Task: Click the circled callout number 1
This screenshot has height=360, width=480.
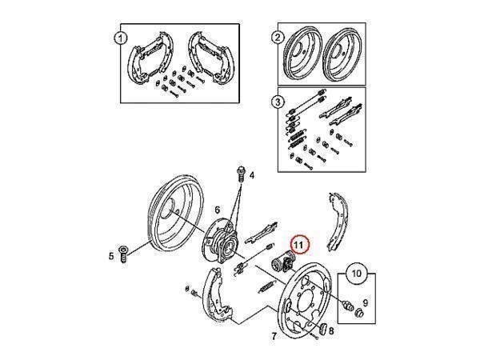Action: pyautogui.click(x=120, y=38)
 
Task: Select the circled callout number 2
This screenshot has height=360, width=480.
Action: pyautogui.click(x=278, y=38)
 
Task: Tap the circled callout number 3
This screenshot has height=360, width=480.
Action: pyautogui.click(x=278, y=102)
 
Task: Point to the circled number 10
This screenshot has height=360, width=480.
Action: pyautogui.click(x=357, y=273)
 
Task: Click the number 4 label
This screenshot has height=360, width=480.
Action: pyautogui.click(x=252, y=175)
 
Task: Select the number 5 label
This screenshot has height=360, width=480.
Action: pyautogui.click(x=111, y=256)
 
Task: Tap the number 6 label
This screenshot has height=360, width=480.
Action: pyautogui.click(x=218, y=210)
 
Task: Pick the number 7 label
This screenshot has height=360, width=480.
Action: pyautogui.click(x=274, y=336)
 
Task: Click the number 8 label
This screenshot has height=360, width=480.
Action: pyautogui.click(x=331, y=330)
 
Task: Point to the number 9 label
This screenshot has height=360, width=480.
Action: pyautogui.click(x=366, y=302)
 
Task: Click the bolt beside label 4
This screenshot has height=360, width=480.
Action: pyautogui.click(x=242, y=174)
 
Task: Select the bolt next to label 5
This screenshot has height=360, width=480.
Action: pyautogui.click(x=124, y=254)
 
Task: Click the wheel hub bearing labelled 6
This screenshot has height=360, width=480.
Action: pyautogui.click(x=219, y=242)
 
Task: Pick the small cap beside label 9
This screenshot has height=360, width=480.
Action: pyautogui.click(x=360, y=313)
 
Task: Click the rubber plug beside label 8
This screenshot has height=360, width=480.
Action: pyautogui.click(x=322, y=329)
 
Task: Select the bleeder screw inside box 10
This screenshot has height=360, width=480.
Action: pyautogui.click(x=347, y=305)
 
